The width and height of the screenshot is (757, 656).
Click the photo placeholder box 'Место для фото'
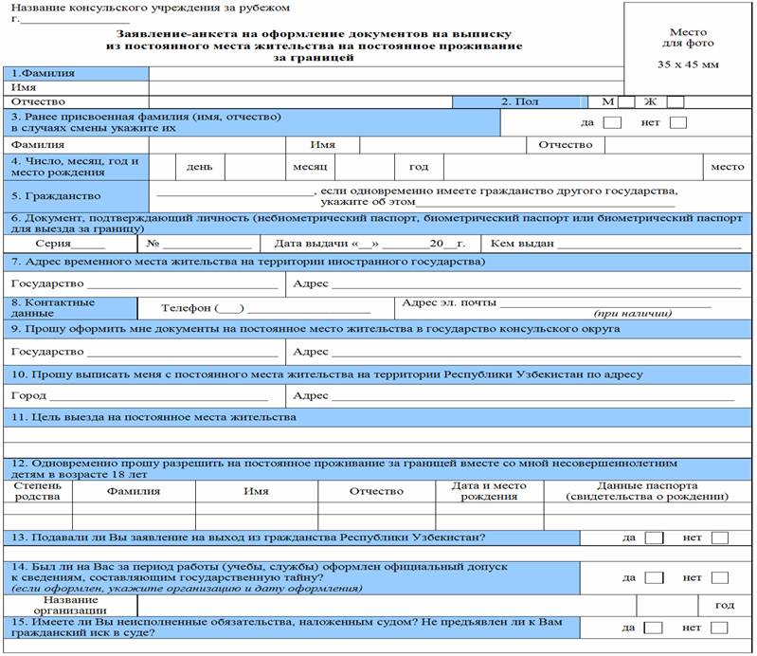pos(688,48)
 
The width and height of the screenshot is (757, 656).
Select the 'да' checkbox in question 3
pos(613,122)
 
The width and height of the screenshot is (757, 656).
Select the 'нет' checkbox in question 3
pos(678,122)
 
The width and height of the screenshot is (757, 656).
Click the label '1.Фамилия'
pos(43,73)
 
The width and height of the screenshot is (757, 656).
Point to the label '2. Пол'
pos(520,102)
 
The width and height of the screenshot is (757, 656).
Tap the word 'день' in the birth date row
pos(199,167)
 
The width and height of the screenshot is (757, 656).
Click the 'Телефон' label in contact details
pos(188,308)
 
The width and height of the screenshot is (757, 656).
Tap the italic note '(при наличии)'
pos(633,313)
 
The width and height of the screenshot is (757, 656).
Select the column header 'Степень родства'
pos(38,491)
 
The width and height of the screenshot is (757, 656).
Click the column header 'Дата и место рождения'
pos(489,491)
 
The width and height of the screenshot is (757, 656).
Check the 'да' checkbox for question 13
pos(654,538)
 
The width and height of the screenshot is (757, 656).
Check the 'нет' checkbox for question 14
pos(719,577)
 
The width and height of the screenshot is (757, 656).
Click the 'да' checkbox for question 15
pos(654,628)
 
